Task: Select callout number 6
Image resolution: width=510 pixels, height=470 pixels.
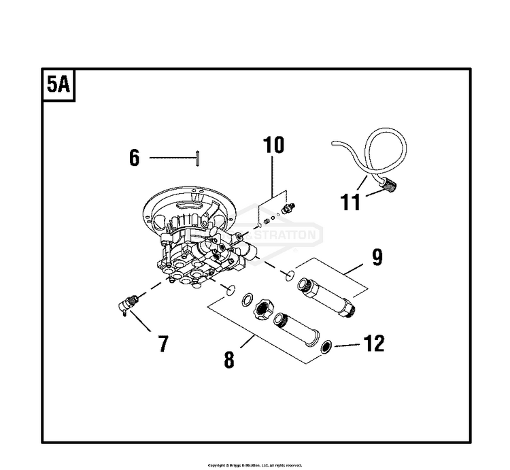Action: click(134, 158)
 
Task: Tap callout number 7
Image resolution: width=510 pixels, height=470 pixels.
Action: click(163, 343)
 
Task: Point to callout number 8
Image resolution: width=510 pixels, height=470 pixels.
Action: click(229, 358)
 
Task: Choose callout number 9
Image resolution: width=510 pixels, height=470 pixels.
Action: click(377, 257)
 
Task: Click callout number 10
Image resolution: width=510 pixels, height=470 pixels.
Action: click(273, 145)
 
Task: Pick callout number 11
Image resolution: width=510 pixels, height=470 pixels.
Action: click(351, 202)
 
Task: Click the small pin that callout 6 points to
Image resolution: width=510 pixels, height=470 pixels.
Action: click(196, 158)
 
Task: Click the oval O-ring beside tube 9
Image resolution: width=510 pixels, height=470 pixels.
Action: click(289, 274)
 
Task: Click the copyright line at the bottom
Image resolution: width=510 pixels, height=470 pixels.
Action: click(255, 465)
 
